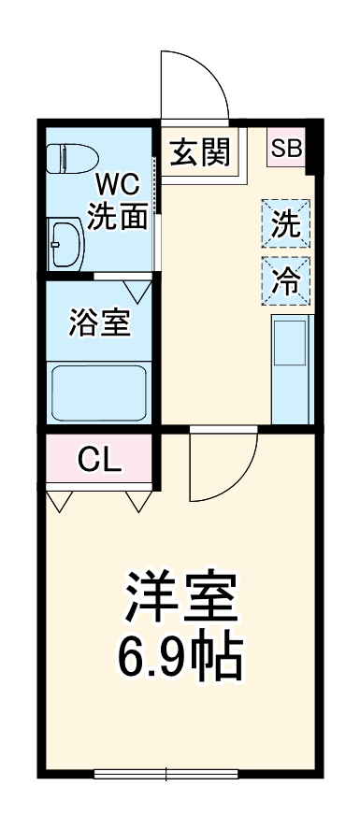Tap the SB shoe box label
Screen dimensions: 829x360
tap(287, 148)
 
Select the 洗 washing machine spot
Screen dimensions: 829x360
tap(286, 223)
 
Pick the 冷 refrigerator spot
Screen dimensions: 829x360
tap(286, 279)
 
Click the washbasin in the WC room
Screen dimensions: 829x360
tap(66, 243)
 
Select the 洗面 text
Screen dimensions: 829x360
tap(117, 217)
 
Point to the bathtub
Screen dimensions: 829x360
tap(97, 393)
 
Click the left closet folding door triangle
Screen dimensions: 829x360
tap(60, 502)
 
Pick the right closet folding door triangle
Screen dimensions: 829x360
tap(137, 502)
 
